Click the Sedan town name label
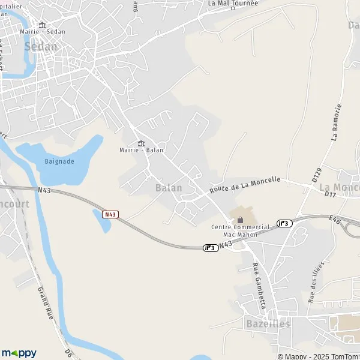[40, 46]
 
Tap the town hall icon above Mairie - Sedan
[42, 25]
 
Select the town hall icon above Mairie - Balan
[142, 143]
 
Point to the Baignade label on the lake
[59, 161]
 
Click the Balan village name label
[169, 188]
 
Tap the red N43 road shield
[110, 214]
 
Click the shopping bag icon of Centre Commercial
[241, 220]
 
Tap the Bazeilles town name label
[268, 324]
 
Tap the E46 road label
[335, 221]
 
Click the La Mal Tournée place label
[233, 3]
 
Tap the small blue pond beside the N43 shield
[102, 221]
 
